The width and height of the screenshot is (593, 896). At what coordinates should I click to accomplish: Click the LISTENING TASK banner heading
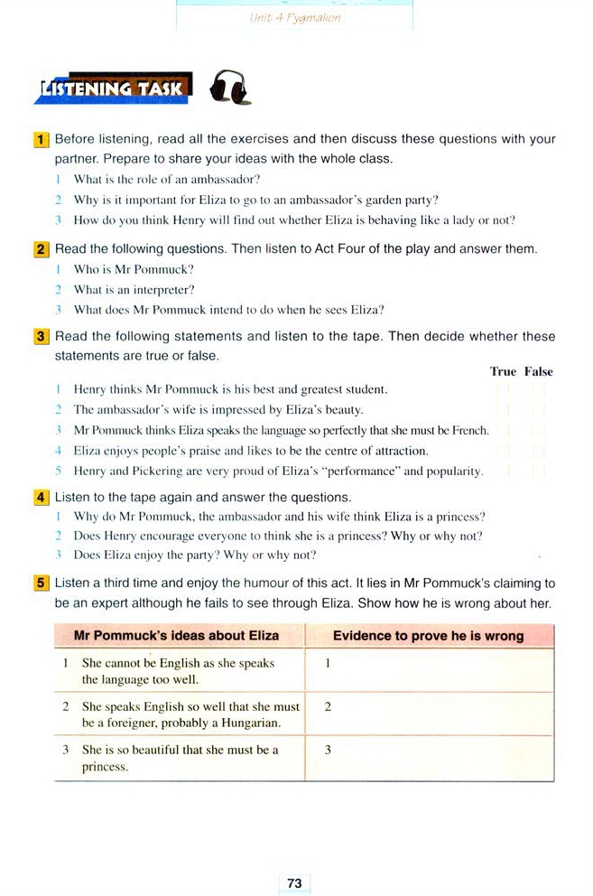tap(113, 89)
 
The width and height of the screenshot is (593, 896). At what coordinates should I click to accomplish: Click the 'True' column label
tap(503, 371)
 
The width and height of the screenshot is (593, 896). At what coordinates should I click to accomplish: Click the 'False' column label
tap(539, 371)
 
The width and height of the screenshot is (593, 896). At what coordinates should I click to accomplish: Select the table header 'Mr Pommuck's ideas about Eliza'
tap(177, 636)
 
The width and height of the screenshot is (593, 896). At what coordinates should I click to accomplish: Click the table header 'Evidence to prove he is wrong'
tap(428, 636)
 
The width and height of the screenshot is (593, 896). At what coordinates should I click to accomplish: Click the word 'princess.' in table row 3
tap(106, 767)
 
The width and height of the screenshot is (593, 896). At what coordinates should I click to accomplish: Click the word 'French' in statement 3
tap(469, 430)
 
